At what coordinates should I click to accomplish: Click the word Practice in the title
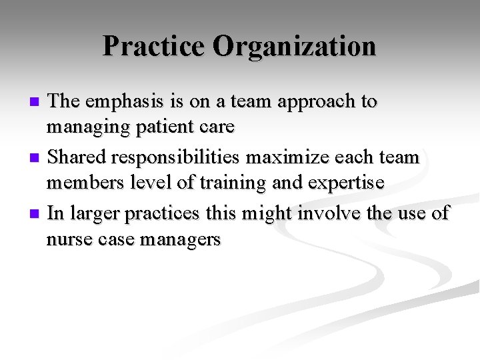pos(154,46)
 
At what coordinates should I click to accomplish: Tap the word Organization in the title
pos(295,46)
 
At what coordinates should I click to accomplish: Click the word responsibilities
pos(177,158)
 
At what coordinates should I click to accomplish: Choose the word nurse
pos(67,239)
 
